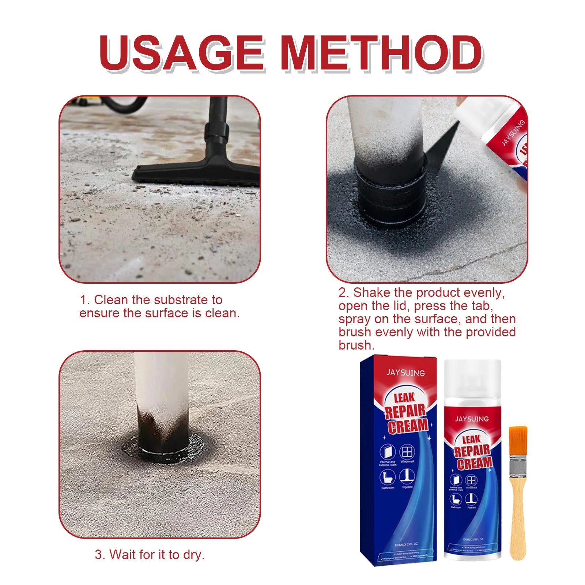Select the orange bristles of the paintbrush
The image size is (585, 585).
(x=518, y=442)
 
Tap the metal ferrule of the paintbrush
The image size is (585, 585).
(x=518, y=468)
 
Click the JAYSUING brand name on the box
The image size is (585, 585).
(x=405, y=373)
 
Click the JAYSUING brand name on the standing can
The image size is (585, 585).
(x=472, y=418)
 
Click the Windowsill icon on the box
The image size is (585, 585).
(x=407, y=453)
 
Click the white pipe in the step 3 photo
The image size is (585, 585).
(x=161, y=380)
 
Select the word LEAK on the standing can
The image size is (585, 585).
(x=471, y=439)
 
